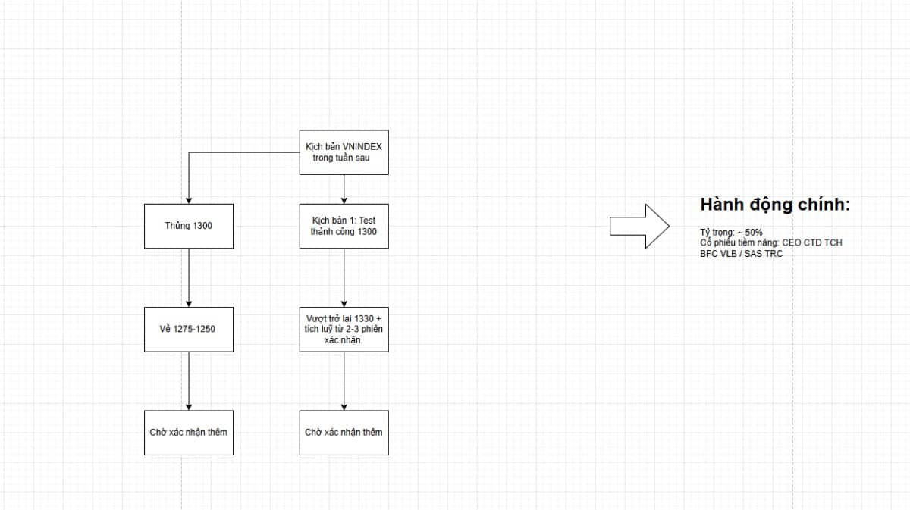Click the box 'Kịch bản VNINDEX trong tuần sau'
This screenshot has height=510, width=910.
tap(344, 152)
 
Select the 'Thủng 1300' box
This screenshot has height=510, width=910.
tap(189, 226)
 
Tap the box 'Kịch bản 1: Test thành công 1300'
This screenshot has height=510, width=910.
tap(344, 226)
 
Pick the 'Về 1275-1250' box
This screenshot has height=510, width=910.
tap(189, 330)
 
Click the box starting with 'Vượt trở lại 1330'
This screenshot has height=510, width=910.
tap(344, 330)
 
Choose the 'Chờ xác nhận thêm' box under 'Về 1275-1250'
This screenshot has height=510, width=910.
tap(189, 433)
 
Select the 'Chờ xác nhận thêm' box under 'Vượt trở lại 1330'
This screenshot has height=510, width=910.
tap(344, 433)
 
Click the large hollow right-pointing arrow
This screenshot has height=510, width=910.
tap(639, 226)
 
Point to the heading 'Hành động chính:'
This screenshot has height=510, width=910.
tap(775, 205)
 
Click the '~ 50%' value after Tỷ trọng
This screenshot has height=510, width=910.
tap(750, 232)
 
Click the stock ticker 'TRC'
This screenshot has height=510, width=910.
tap(773, 254)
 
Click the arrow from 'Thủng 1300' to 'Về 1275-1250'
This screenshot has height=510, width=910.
tap(189, 278)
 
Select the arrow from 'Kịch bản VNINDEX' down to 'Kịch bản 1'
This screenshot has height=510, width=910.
tap(344, 189)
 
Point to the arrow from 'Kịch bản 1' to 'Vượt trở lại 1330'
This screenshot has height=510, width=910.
tap(344, 278)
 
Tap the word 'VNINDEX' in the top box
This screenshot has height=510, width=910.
tap(362, 146)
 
